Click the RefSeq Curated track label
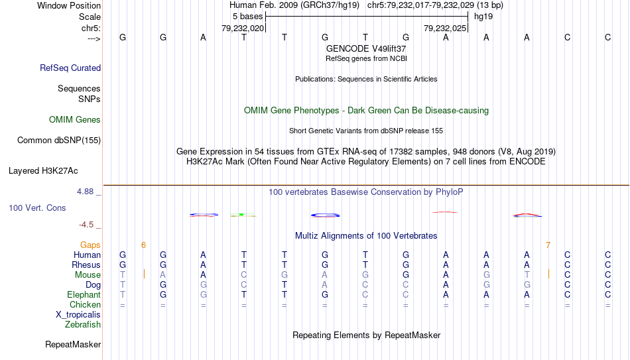(70, 68)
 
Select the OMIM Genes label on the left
(75, 120)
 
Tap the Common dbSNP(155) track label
(59, 141)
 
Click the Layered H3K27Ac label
(43, 171)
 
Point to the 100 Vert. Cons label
(37, 208)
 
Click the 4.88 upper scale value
(85, 192)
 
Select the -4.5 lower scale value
(86, 225)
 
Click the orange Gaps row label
(90, 245)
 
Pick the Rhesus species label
(86, 265)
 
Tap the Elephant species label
(84, 294)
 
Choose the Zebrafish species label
(83, 324)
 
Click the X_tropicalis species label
(78, 315)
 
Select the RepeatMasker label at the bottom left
(73, 344)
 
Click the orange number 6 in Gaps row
(143, 245)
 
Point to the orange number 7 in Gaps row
(548, 245)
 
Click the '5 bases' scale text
(247, 17)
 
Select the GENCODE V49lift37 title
(366, 48)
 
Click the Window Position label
(69, 5)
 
